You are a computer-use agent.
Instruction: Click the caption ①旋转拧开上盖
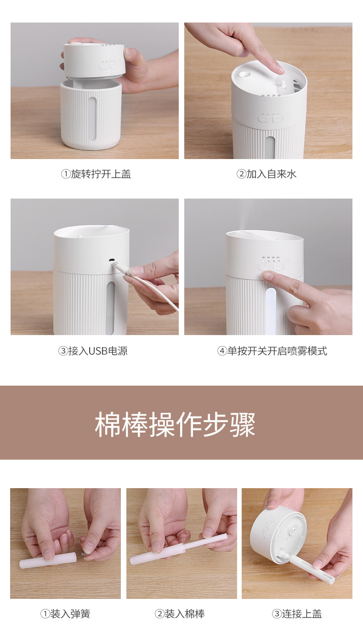click(x=96, y=174)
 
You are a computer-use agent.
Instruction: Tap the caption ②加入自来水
click(x=267, y=174)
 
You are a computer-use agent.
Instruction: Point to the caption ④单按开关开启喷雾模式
click(x=272, y=351)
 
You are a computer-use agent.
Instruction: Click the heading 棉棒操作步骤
click(x=175, y=424)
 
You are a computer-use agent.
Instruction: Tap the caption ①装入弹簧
click(x=65, y=614)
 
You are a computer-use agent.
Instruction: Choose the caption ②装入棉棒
click(x=180, y=614)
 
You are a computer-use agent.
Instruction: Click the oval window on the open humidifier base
click(x=92, y=119)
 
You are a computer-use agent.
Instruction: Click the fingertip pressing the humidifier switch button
click(x=267, y=275)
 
